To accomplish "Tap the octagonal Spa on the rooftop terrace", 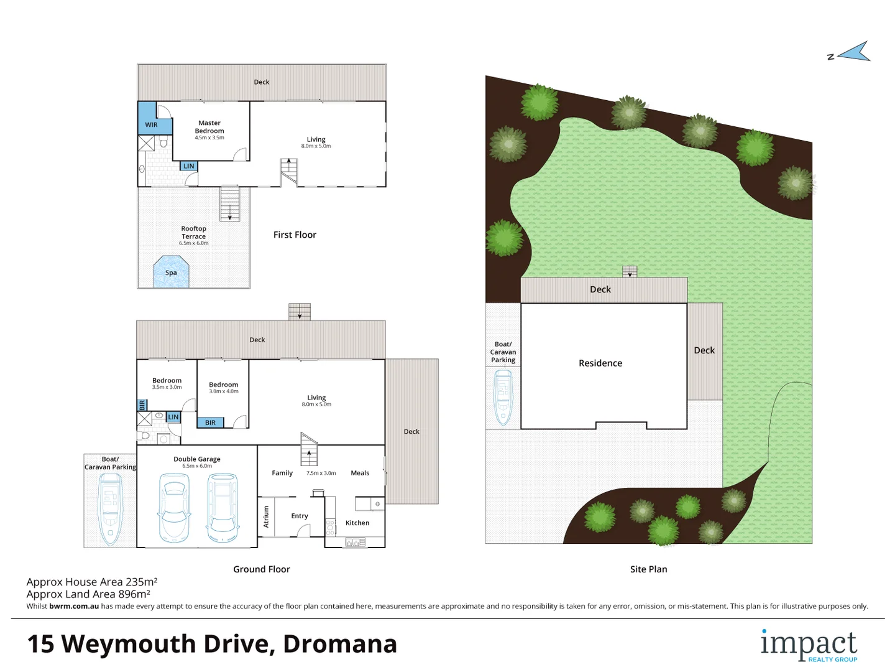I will pyautogui.click(x=171, y=272).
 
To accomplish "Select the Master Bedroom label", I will pyautogui.click(x=209, y=127).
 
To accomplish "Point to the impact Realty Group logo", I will pyautogui.click(x=809, y=646).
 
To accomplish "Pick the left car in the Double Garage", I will pyautogui.click(x=173, y=508).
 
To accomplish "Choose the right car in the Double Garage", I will pyautogui.click(x=223, y=508).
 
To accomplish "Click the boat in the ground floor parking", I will pyautogui.click(x=111, y=509).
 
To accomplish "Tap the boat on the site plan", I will pyautogui.click(x=503, y=398).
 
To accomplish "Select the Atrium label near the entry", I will pyautogui.click(x=267, y=516).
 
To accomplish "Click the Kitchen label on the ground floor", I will pyautogui.click(x=357, y=523).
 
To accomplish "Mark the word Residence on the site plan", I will pyautogui.click(x=600, y=363).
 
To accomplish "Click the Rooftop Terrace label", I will pyautogui.click(x=194, y=233).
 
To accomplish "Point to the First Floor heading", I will pyautogui.click(x=295, y=235).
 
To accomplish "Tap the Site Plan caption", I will pyautogui.click(x=648, y=569).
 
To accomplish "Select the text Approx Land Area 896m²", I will pyautogui.click(x=88, y=594).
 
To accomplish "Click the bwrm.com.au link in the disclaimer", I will pyautogui.click(x=74, y=606).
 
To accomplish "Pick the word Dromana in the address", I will pyautogui.click(x=340, y=644).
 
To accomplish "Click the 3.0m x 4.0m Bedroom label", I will pyautogui.click(x=224, y=387).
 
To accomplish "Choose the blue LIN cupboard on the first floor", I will pyautogui.click(x=189, y=166).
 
